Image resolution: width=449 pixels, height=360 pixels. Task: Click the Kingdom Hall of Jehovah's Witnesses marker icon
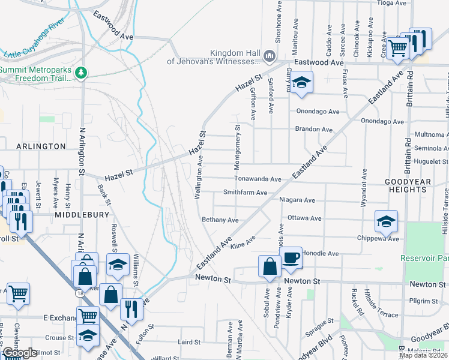coord(269,57)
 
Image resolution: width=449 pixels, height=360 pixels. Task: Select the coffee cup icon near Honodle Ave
coord(292,258)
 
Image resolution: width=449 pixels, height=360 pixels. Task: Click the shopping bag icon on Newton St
coord(270,266)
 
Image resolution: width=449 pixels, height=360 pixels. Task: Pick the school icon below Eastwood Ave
coord(302,83)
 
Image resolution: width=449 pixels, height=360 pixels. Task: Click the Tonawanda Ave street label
coord(258,179)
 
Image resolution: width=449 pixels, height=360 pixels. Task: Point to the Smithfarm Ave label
coord(245,193)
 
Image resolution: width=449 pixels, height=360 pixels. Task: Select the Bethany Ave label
coord(220,220)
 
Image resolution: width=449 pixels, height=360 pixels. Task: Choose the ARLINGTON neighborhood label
coord(41,146)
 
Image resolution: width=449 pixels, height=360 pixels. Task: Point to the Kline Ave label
coord(243,242)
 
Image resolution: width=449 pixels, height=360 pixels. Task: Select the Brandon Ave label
coord(313,130)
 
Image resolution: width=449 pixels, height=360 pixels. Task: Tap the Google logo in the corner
coord(19,353)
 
